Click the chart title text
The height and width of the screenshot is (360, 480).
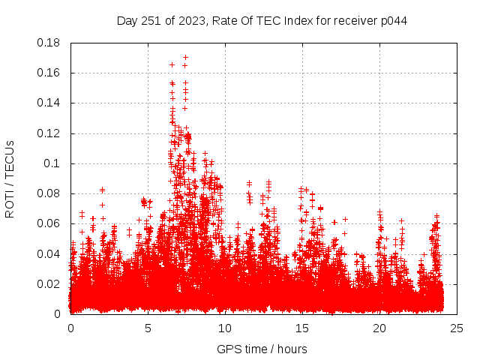[x=262, y=20]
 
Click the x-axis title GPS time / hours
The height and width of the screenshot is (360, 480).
[x=262, y=349]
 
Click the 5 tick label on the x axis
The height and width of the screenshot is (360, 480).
[x=148, y=328]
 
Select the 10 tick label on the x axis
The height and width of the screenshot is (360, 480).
[x=225, y=328]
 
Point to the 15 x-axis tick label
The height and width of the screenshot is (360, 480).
[x=302, y=328]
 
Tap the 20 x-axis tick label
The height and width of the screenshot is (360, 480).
[x=379, y=328]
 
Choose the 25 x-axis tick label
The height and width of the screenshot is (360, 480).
[x=457, y=328]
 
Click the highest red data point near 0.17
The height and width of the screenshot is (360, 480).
[x=185, y=57]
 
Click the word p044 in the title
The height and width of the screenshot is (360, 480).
[x=392, y=20]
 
